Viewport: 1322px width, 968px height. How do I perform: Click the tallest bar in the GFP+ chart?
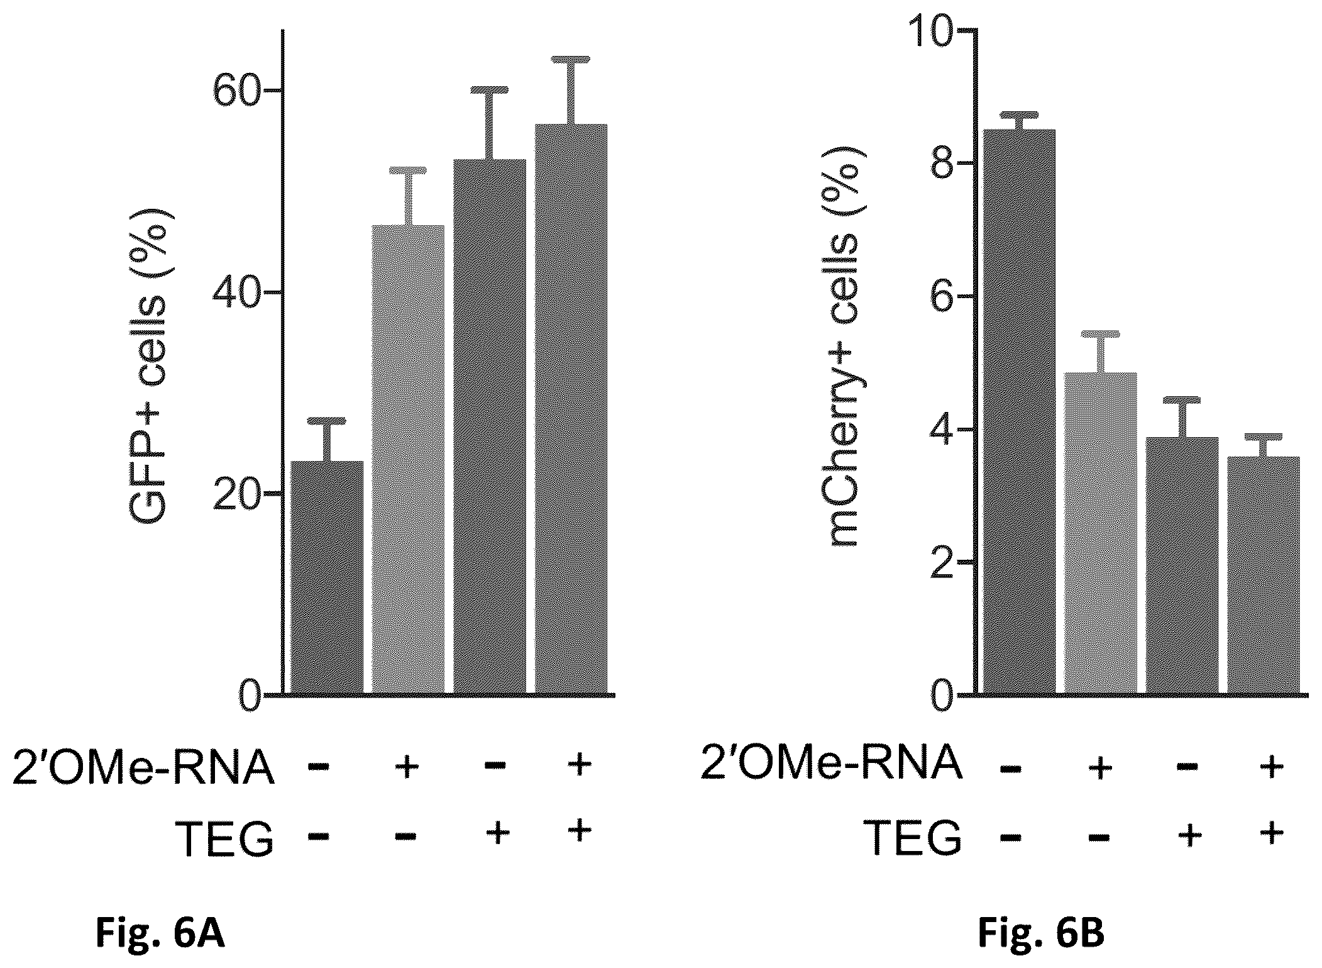(x=571, y=409)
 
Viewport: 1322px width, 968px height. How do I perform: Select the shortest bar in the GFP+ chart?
(x=327, y=578)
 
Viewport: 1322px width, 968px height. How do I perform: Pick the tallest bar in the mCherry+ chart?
(x=1019, y=412)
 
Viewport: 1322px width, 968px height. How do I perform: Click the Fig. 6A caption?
(x=160, y=934)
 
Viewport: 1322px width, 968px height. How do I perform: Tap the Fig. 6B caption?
(x=1041, y=934)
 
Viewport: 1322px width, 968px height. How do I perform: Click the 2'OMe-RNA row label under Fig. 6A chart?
(x=143, y=768)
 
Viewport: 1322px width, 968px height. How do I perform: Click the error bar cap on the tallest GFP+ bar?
(x=571, y=60)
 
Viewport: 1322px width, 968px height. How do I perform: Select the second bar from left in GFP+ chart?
(x=409, y=460)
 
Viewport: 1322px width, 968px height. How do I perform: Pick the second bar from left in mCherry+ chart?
(x=1101, y=533)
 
